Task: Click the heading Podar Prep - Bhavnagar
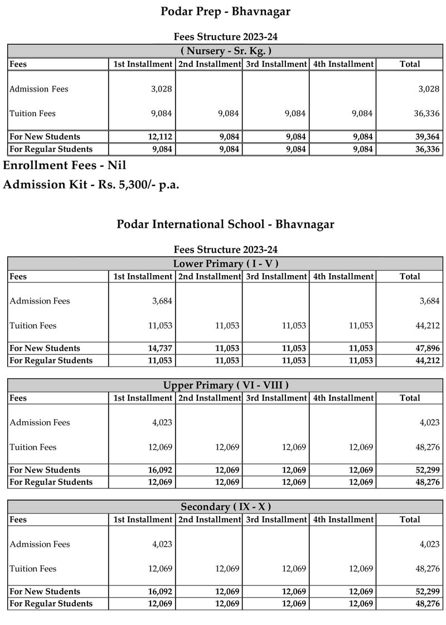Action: click(x=225, y=11)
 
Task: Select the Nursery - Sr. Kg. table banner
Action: click(x=225, y=51)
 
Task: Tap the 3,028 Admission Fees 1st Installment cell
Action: click(x=161, y=89)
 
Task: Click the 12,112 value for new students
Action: click(x=159, y=137)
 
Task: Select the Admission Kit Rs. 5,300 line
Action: click(x=91, y=185)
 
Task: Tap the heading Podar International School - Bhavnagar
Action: click(x=225, y=224)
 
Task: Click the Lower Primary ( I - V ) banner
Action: click(x=225, y=263)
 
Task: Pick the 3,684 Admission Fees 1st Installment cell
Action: click(x=161, y=301)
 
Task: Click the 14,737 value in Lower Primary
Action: click(x=159, y=348)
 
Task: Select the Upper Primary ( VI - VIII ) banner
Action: click(x=225, y=385)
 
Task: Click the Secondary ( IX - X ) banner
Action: click(x=225, y=507)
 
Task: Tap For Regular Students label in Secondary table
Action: click(x=51, y=604)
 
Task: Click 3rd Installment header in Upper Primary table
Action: click(x=276, y=398)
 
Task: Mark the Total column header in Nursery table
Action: click(x=410, y=64)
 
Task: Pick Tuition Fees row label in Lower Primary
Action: click(x=33, y=326)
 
